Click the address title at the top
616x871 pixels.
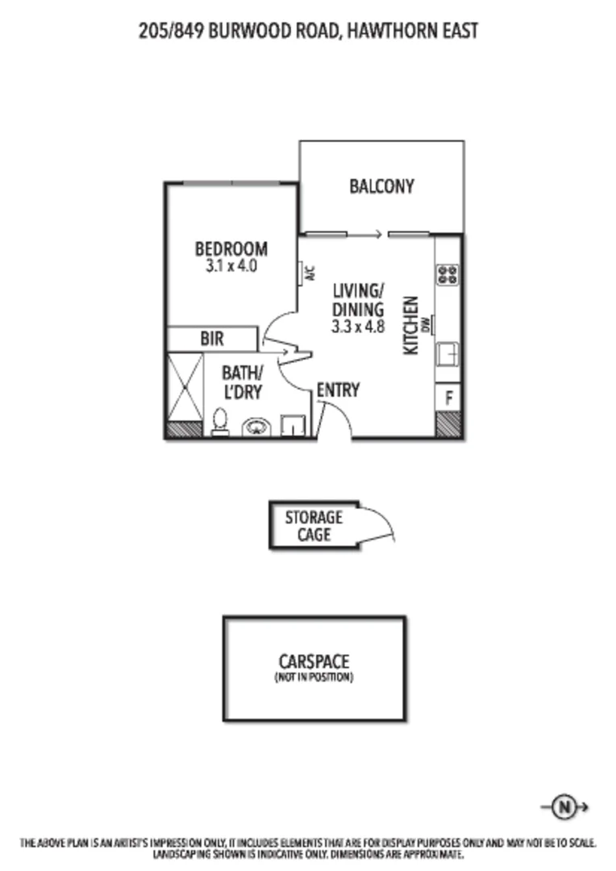tap(308, 31)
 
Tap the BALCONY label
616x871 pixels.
tap(381, 186)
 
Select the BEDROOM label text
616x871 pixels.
tap(231, 248)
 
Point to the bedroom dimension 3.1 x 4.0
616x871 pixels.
tap(231, 265)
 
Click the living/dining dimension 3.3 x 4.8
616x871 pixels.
tap(357, 327)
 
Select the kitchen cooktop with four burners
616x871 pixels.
tap(447, 274)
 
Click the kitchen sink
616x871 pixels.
tap(447, 354)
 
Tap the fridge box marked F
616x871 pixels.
tap(447, 397)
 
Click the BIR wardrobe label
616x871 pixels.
tap(212, 340)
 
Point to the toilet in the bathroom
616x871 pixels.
tap(219, 422)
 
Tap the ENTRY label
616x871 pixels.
tap(337, 390)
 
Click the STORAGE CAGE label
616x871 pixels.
tap(313, 525)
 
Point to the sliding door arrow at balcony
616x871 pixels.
tap(368, 235)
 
